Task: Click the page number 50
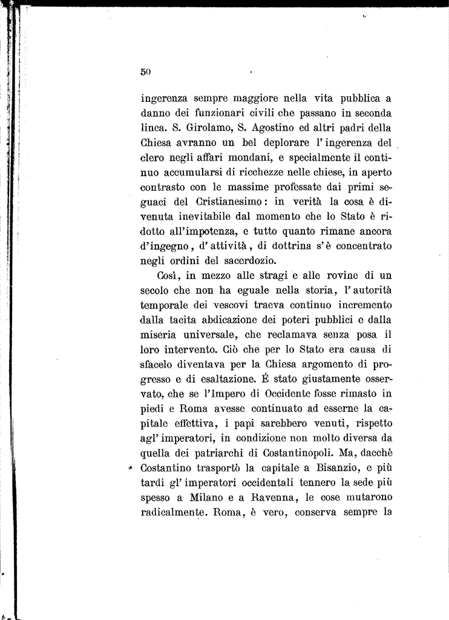point(145,71)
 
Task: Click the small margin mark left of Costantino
point(129,469)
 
